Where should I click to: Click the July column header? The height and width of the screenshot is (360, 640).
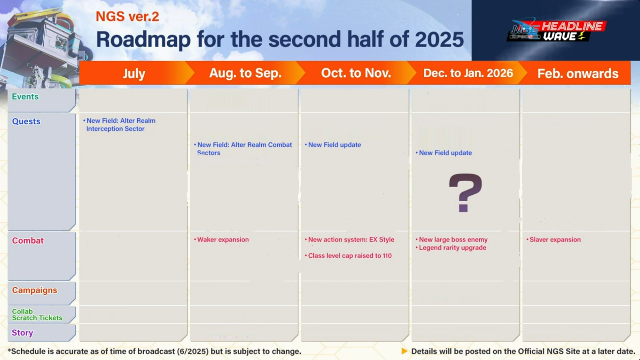pos(134,74)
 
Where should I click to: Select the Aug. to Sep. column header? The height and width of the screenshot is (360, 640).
pos(245,73)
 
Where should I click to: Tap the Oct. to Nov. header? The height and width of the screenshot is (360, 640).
pos(356,73)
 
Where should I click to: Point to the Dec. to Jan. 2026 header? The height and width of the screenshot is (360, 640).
pos(468,73)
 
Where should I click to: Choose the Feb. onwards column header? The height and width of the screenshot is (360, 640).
pos(578,74)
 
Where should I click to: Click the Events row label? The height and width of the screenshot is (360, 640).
pos(25,97)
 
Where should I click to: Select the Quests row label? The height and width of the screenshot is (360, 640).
pos(26,122)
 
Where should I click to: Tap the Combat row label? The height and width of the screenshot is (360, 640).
pos(28,241)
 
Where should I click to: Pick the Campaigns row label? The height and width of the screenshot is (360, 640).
pos(35,290)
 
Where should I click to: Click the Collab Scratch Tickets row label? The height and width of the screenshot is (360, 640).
pos(37,315)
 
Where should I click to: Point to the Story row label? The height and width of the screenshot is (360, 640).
pos(22,333)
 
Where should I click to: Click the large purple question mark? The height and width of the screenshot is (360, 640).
pos(465,193)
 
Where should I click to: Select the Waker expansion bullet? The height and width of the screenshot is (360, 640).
pos(221,240)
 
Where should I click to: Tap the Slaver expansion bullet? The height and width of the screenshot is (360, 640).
pos(554,240)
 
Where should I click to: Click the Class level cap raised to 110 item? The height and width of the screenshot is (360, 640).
pos(348,256)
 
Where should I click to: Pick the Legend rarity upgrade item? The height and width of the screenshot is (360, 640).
pos(451,248)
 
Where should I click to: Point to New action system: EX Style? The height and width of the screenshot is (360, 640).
pos(349,240)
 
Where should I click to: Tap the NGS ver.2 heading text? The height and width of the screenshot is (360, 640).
pos(128,16)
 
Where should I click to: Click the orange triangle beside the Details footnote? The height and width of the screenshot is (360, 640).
pos(404,351)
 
